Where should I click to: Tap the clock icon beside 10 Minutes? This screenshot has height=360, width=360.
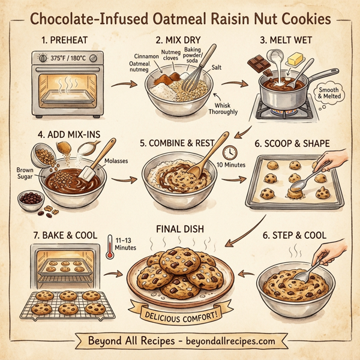point(231,152)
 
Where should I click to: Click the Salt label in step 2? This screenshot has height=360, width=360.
point(217,68)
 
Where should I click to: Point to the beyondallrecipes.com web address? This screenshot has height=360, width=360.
point(223,341)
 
